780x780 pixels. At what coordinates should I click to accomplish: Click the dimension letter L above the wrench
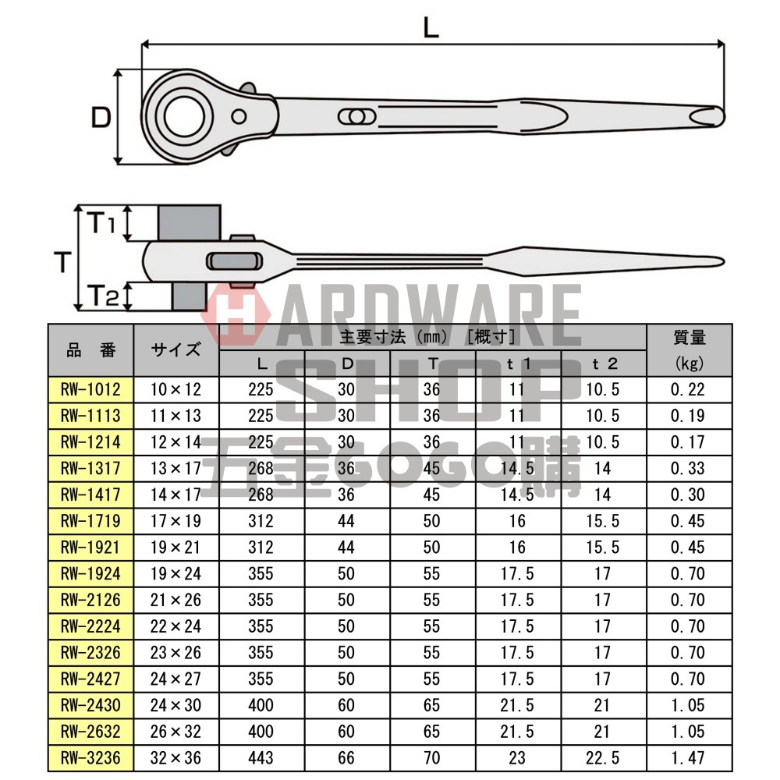[x=431, y=28]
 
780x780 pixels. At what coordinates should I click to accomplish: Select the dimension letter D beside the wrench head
[x=101, y=118]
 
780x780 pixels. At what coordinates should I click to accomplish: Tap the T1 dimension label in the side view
[x=101, y=225]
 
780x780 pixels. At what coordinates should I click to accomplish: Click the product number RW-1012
[x=90, y=389]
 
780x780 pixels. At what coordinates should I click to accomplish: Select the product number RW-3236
[x=90, y=757]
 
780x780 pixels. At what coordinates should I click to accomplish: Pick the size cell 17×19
[x=176, y=521]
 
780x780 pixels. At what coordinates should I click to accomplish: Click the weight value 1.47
[x=688, y=757]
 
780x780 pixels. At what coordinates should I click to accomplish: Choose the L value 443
[x=261, y=757]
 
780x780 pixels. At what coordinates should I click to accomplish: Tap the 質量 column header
[x=689, y=338]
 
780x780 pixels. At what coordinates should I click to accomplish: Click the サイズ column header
[x=176, y=349]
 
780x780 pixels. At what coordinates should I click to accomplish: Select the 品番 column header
[x=90, y=349]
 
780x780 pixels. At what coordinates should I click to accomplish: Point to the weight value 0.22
[x=688, y=389]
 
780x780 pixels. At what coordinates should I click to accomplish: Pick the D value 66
[x=346, y=757]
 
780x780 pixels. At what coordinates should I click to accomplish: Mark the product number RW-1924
[x=90, y=574]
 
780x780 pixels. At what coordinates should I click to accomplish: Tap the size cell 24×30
[x=176, y=705]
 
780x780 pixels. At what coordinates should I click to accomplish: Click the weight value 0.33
[x=688, y=468]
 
